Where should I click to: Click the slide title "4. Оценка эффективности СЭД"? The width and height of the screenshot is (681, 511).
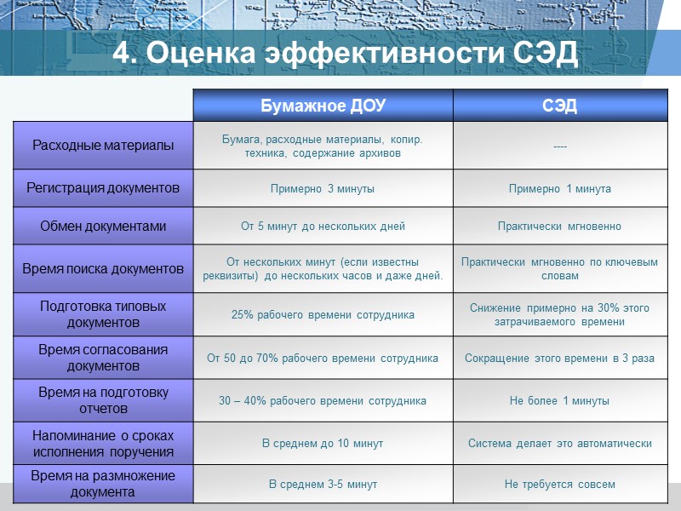(x=345, y=53)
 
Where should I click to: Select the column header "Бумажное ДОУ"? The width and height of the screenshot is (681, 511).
(x=323, y=106)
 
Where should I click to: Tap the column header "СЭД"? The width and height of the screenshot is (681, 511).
(x=559, y=106)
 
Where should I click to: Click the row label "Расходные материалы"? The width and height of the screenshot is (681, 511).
(x=103, y=146)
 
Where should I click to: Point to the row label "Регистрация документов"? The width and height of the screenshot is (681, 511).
(x=103, y=188)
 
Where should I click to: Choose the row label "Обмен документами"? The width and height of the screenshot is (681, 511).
(x=103, y=227)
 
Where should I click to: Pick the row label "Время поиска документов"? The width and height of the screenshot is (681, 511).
(x=103, y=269)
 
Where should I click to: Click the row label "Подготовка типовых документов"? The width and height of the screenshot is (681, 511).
(x=103, y=314)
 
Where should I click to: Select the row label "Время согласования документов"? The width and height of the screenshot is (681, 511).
(x=103, y=358)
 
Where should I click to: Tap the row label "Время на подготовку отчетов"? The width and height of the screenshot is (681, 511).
(x=103, y=400)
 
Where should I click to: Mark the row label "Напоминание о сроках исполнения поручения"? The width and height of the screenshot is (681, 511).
(x=103, y=443)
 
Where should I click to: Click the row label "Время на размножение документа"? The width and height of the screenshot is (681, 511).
(x=103, y=484)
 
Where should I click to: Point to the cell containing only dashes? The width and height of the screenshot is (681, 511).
(x=559, y=146)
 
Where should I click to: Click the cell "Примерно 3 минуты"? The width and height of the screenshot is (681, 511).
(x=323, y=189)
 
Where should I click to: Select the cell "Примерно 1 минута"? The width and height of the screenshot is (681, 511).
(x=559, y=189)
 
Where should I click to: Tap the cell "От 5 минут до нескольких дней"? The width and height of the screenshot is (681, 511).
(x=323, y=227)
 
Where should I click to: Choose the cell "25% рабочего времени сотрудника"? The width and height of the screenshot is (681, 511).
(x=323, y=315)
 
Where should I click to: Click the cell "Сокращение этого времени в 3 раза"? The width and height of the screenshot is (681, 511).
(x=559, y=359)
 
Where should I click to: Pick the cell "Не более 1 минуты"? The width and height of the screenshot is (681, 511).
(x=559, y=401)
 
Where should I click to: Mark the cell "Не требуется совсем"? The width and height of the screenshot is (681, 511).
(x=559, y=485)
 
